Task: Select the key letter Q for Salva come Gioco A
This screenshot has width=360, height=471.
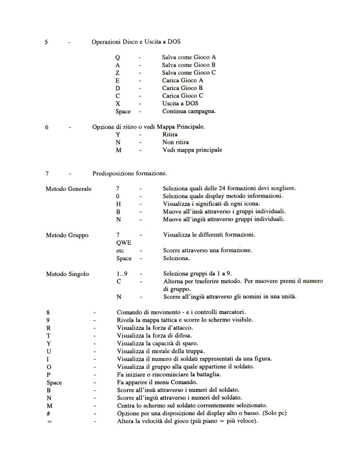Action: [x=117, y=58]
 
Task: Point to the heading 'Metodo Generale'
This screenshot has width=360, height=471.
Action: [x=69, y=188]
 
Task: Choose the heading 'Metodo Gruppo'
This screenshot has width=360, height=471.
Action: [x=67, y=235]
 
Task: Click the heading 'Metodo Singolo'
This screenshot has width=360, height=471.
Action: [x=67, y=274]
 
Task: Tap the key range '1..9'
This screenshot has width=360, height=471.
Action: [x=122, y=274]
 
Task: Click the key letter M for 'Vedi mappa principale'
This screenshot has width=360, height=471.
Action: [x=118, y=150]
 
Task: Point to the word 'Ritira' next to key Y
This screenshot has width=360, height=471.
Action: [x=171, y=135]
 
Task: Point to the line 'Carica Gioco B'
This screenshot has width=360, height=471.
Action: [x=183, y=88]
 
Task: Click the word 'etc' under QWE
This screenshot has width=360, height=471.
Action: [x=120, y=250]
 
